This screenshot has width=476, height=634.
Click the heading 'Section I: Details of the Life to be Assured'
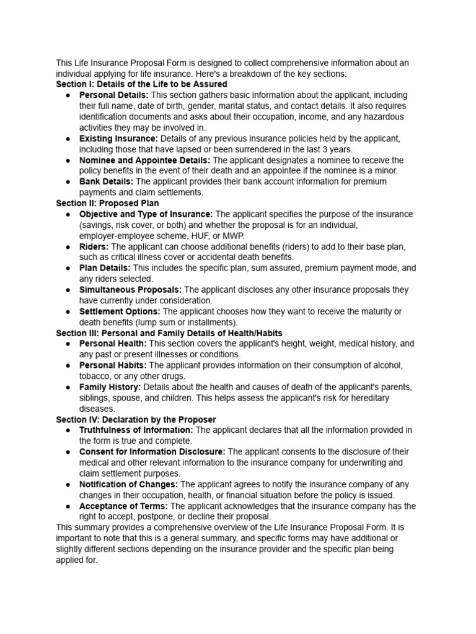click(x=141, y=84)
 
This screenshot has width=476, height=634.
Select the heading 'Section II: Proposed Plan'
click(x=107, y=203)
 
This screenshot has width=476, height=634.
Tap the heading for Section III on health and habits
click(x=169, y=333)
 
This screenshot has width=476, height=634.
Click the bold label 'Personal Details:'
click(x=113, y=95)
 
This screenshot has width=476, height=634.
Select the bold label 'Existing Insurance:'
click(x=118, y=138)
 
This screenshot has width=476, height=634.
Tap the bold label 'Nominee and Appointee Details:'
click(x=144, y=160)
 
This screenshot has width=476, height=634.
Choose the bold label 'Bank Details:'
click(x=106, y=181)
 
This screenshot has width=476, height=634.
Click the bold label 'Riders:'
click(x=94, y=246)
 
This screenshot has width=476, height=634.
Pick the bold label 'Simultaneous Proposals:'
click(x=130, y=290)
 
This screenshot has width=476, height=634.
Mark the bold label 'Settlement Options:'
click(x=120, y=311)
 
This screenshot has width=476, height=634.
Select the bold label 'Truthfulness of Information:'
click(x=136, y=430)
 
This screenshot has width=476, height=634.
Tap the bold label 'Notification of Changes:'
click(x=128, y=484)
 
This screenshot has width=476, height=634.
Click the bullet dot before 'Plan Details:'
click(x=67, y=269)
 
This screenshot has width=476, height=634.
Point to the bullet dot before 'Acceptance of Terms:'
click(x=67, y=506)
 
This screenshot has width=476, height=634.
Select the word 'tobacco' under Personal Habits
click(x=95, y=376)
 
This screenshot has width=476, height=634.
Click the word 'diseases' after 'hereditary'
click(x=97, y=409)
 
